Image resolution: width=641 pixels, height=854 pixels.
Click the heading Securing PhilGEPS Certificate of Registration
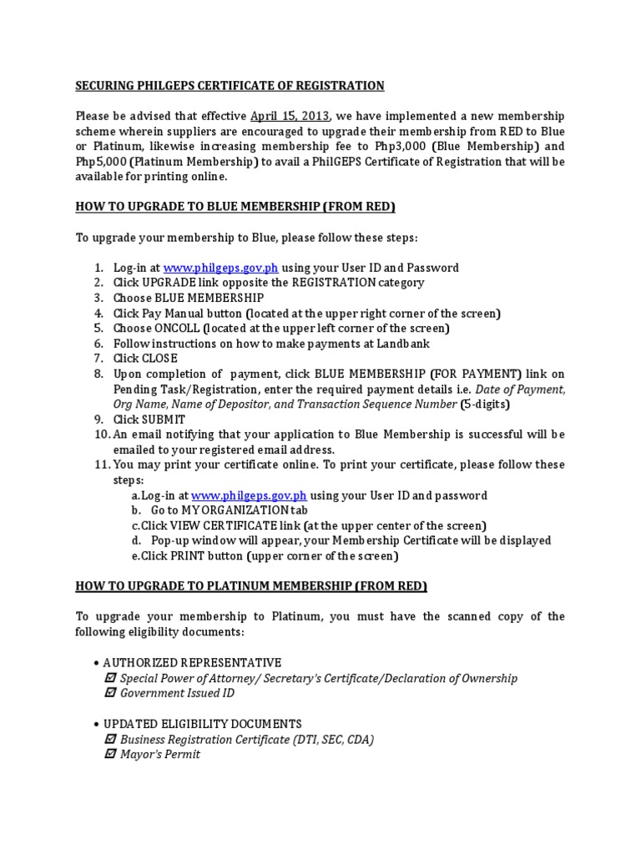pyautogui.click(x=230, y=86)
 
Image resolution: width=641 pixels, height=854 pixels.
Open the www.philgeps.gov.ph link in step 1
pyautogui.click(x=220, y=268)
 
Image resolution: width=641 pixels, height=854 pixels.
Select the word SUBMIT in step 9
pyautogui.click(x=164, y=419)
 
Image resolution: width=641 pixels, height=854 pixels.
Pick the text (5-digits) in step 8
pyautogui.click(x=485, y=404)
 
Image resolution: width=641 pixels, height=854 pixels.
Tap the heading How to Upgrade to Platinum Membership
pyautogui.click(x=251, y=586)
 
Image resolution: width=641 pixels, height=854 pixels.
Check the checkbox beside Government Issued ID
pyautogui.click(x=110, y=693)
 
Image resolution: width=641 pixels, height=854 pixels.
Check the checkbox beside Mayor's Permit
pyautogui.click(x=110, y=755)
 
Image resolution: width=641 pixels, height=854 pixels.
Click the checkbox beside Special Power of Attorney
pyautogui.click(x=110, y=678)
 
